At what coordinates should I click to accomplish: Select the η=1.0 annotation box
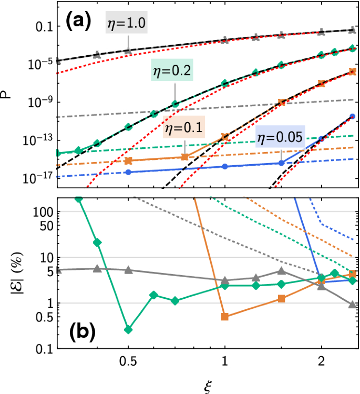coord(126,23)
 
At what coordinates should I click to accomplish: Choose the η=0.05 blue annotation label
coord(279,138)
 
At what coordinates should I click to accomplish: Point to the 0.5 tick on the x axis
coord(126,362)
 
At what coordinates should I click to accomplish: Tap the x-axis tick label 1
coord(224,362)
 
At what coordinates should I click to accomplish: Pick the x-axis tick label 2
coord(322,362)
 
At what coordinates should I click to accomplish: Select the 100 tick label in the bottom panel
coord(40,211)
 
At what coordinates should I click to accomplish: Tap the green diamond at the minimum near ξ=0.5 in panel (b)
coord(128,329)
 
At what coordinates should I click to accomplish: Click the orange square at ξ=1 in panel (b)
coord(224,317)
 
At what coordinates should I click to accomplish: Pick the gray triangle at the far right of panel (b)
coord(353,304)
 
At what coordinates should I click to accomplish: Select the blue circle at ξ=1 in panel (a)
coord(224,166)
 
